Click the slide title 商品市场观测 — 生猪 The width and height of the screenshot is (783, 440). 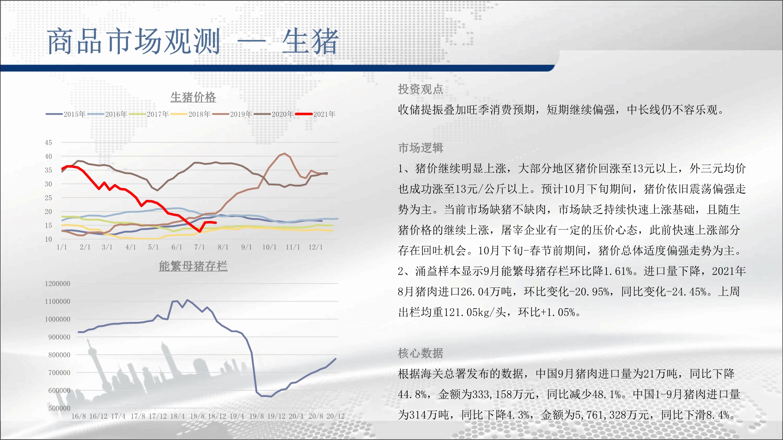click(x=193, y=41)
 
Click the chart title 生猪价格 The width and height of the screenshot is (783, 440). click(x=193, y=97)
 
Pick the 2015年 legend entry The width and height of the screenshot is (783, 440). click(x=66, y=114)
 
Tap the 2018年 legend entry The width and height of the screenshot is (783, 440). click(x=191, y=114)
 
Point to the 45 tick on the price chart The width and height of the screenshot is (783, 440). click(x=48, y=143)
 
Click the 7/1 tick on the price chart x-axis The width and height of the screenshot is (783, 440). click(x=200, y=247)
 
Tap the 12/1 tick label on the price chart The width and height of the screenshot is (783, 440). click(x=316, y=247)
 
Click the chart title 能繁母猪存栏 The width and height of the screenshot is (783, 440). click(x=193, y=266)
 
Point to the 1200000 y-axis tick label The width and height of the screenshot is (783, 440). click(x=58, y=284)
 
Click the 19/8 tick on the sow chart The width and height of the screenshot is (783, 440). click(x=256, y=416)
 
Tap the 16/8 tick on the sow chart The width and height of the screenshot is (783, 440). click(x=79, y=416)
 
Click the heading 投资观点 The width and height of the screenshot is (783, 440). click(x=420, y=89)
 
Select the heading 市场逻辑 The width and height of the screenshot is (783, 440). click(x=420, y=148)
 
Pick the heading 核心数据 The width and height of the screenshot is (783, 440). click(x=420, y=353)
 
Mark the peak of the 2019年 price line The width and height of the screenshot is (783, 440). click(x=284, y=153)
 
